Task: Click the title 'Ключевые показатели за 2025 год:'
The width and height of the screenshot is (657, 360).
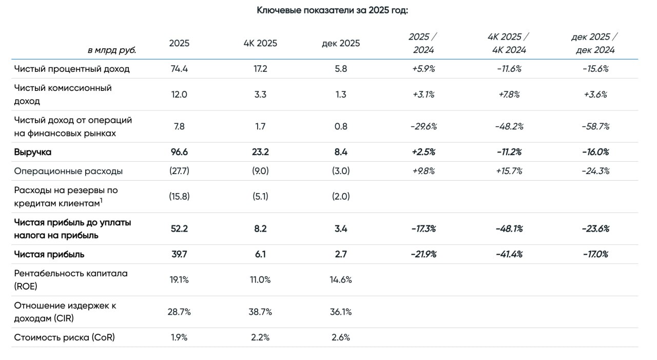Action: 332,10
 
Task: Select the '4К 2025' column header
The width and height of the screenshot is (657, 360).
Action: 260,43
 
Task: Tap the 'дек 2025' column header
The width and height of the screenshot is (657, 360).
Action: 340,43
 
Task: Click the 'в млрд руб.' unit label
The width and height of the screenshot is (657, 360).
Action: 112,50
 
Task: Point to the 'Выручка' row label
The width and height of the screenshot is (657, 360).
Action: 33,152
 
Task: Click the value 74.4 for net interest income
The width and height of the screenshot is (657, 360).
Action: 179,69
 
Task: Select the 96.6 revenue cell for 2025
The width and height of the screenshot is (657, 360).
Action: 179,152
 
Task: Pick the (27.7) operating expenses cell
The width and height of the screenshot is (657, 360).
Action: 179,171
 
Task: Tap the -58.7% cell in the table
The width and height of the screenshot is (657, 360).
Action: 595,126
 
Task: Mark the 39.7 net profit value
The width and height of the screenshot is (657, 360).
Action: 179,254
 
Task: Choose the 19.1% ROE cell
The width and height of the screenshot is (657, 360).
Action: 179,280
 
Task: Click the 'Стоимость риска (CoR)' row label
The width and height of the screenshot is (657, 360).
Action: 65,337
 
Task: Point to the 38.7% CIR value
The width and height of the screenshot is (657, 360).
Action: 260,312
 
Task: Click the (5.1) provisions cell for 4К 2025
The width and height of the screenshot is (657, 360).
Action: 260,196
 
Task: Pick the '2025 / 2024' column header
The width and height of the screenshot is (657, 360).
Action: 423,43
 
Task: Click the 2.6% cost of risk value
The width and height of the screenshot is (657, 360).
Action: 340,337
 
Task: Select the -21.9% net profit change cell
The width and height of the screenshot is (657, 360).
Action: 423,254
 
